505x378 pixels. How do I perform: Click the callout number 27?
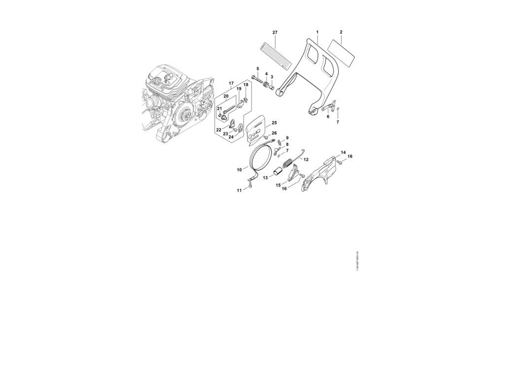275,32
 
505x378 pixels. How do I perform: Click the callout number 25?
274,123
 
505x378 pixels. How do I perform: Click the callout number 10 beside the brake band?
239,170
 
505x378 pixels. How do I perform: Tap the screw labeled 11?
250,186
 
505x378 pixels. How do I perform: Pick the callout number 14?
343,153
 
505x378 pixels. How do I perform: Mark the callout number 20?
226,96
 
